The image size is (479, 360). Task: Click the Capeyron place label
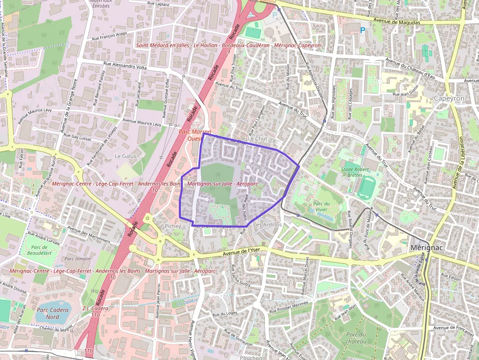pos(449,98)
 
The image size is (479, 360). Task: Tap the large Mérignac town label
pos(427,248)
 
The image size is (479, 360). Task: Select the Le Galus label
pos(125,156)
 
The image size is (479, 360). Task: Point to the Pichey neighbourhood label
pos(173,226)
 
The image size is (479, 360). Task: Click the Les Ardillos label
pos(268,224)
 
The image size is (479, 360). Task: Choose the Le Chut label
pos(258,139)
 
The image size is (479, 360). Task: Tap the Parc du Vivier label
pos(320,206)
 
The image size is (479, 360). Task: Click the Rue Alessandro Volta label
pos(125,67)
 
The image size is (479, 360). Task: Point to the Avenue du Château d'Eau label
pos(410,68)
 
